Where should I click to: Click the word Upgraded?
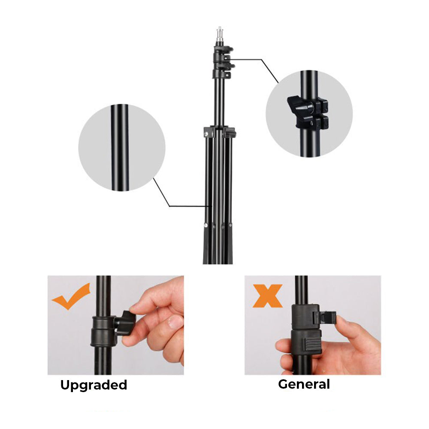pyautogui.click(x=94, y=385)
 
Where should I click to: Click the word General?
pyautogui.click(x=304, y=384)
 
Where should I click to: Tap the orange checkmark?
pyautogui.click(x=71, y=298)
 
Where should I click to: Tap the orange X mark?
pyautogui.click(x=268, y=296)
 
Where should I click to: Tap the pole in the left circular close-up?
pyautogui.click(x=120, y=148)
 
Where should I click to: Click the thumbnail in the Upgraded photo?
pyautogui.click(x=175, y=322)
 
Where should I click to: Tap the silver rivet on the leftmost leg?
pyautogui.click(x=205, y=225)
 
